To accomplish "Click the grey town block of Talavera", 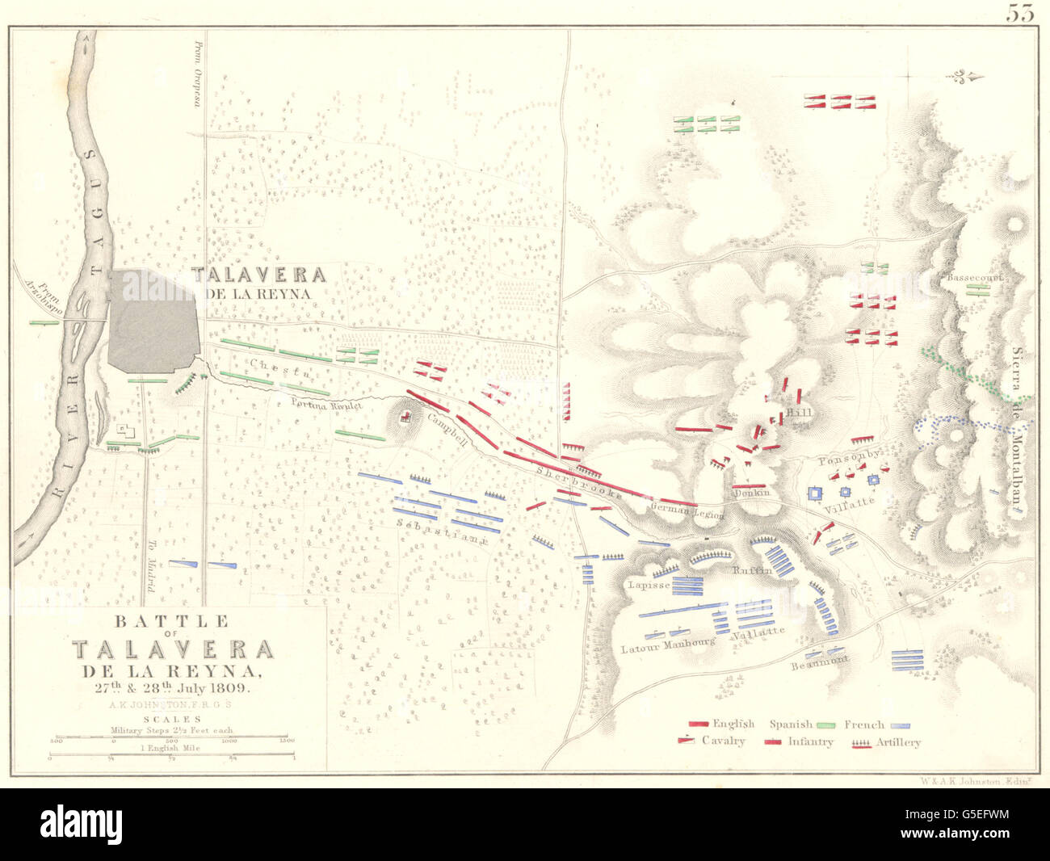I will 153,321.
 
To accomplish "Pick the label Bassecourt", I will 974,277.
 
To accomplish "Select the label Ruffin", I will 752,570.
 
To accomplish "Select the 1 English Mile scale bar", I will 172,756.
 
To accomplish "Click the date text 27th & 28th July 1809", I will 173,688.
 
